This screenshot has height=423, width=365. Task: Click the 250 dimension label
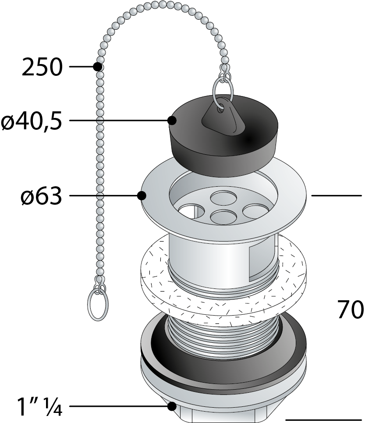tap(42, 67)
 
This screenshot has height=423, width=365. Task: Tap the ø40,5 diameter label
tap(31, 121)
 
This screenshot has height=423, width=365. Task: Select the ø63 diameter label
tap(41, 196)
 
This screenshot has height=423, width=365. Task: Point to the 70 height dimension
tap(350, 310)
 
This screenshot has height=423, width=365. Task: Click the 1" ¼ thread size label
tap(39, 407)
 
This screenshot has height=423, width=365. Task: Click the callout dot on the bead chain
tap(98, 66)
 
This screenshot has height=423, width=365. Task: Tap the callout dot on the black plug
tap(172, 120)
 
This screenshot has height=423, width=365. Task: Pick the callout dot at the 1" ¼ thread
tap(172, 406)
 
